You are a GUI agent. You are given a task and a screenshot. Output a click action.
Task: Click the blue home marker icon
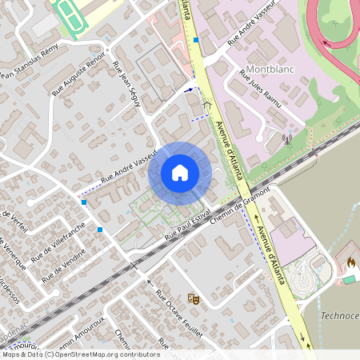pos(180,173)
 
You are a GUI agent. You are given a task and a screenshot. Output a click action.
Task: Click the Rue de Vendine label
pos(63,264)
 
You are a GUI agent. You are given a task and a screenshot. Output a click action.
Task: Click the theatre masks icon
pos(193,298)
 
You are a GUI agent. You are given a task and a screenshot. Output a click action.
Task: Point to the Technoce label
pos(339,315)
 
